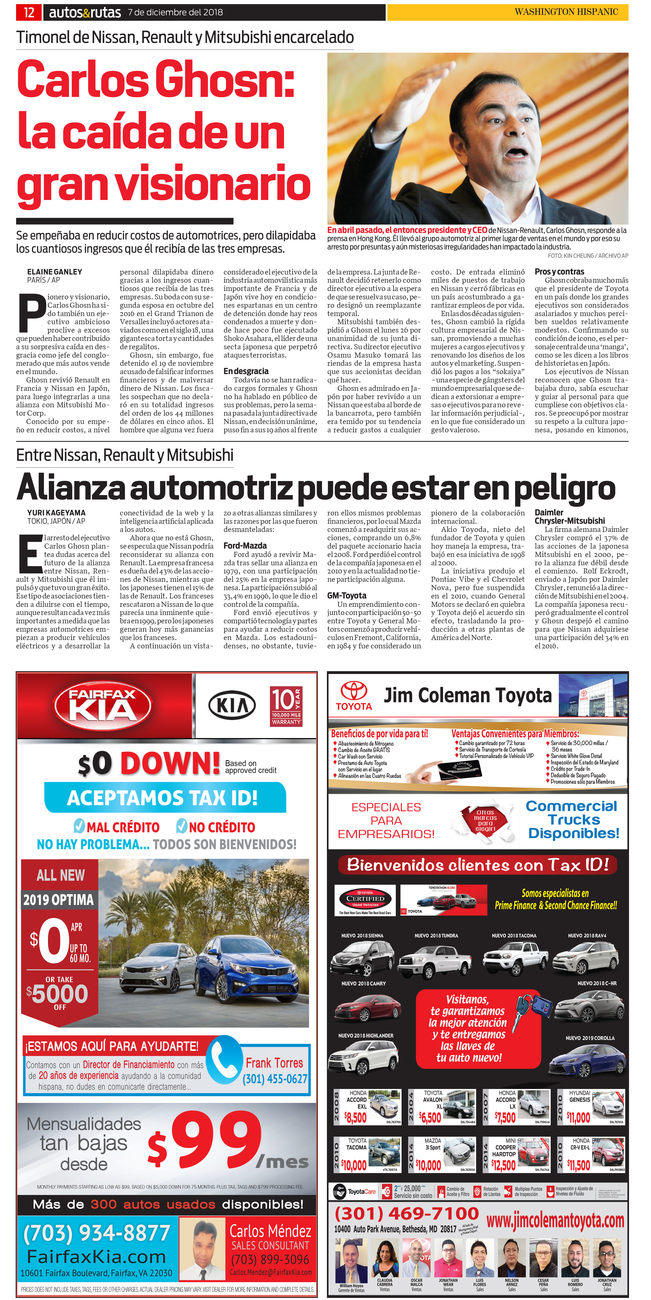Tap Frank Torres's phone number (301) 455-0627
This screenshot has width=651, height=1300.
coord(275,1079)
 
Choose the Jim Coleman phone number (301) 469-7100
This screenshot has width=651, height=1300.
coord(406,1213)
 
